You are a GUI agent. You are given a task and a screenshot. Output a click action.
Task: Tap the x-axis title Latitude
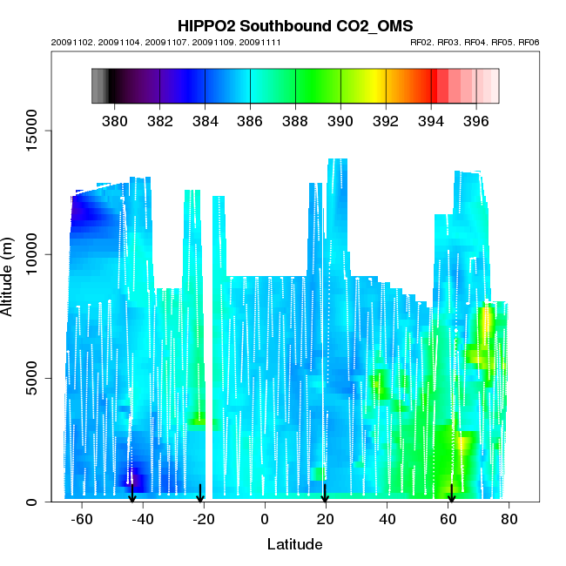click(x=294, y=545)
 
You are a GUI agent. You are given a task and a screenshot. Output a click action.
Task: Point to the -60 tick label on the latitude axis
click(x=81, y=520)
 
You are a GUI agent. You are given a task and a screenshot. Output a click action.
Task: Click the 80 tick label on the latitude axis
click(x=509, y=520)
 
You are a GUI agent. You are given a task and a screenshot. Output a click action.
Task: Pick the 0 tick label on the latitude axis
click(x=265, y=520)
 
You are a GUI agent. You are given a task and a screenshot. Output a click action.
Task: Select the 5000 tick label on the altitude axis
click(x=34, y=378)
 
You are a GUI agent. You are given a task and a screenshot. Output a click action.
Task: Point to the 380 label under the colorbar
click(x=114, y=120)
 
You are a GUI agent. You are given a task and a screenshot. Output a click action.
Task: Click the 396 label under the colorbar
click(x=475, y=120)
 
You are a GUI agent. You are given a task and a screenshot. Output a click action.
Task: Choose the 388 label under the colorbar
click(x=295, y=120)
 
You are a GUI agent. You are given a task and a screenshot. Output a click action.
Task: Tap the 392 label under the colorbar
click(x=385, y=120)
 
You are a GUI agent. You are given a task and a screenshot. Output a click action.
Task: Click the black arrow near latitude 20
click(x=325, y=494)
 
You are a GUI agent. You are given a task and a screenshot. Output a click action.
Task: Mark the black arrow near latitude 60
click(x=451, y=494)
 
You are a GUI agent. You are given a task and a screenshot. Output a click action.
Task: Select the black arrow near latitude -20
click(x=200, y=494)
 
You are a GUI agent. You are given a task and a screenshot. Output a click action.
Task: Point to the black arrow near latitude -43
click(x=131, y=494)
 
